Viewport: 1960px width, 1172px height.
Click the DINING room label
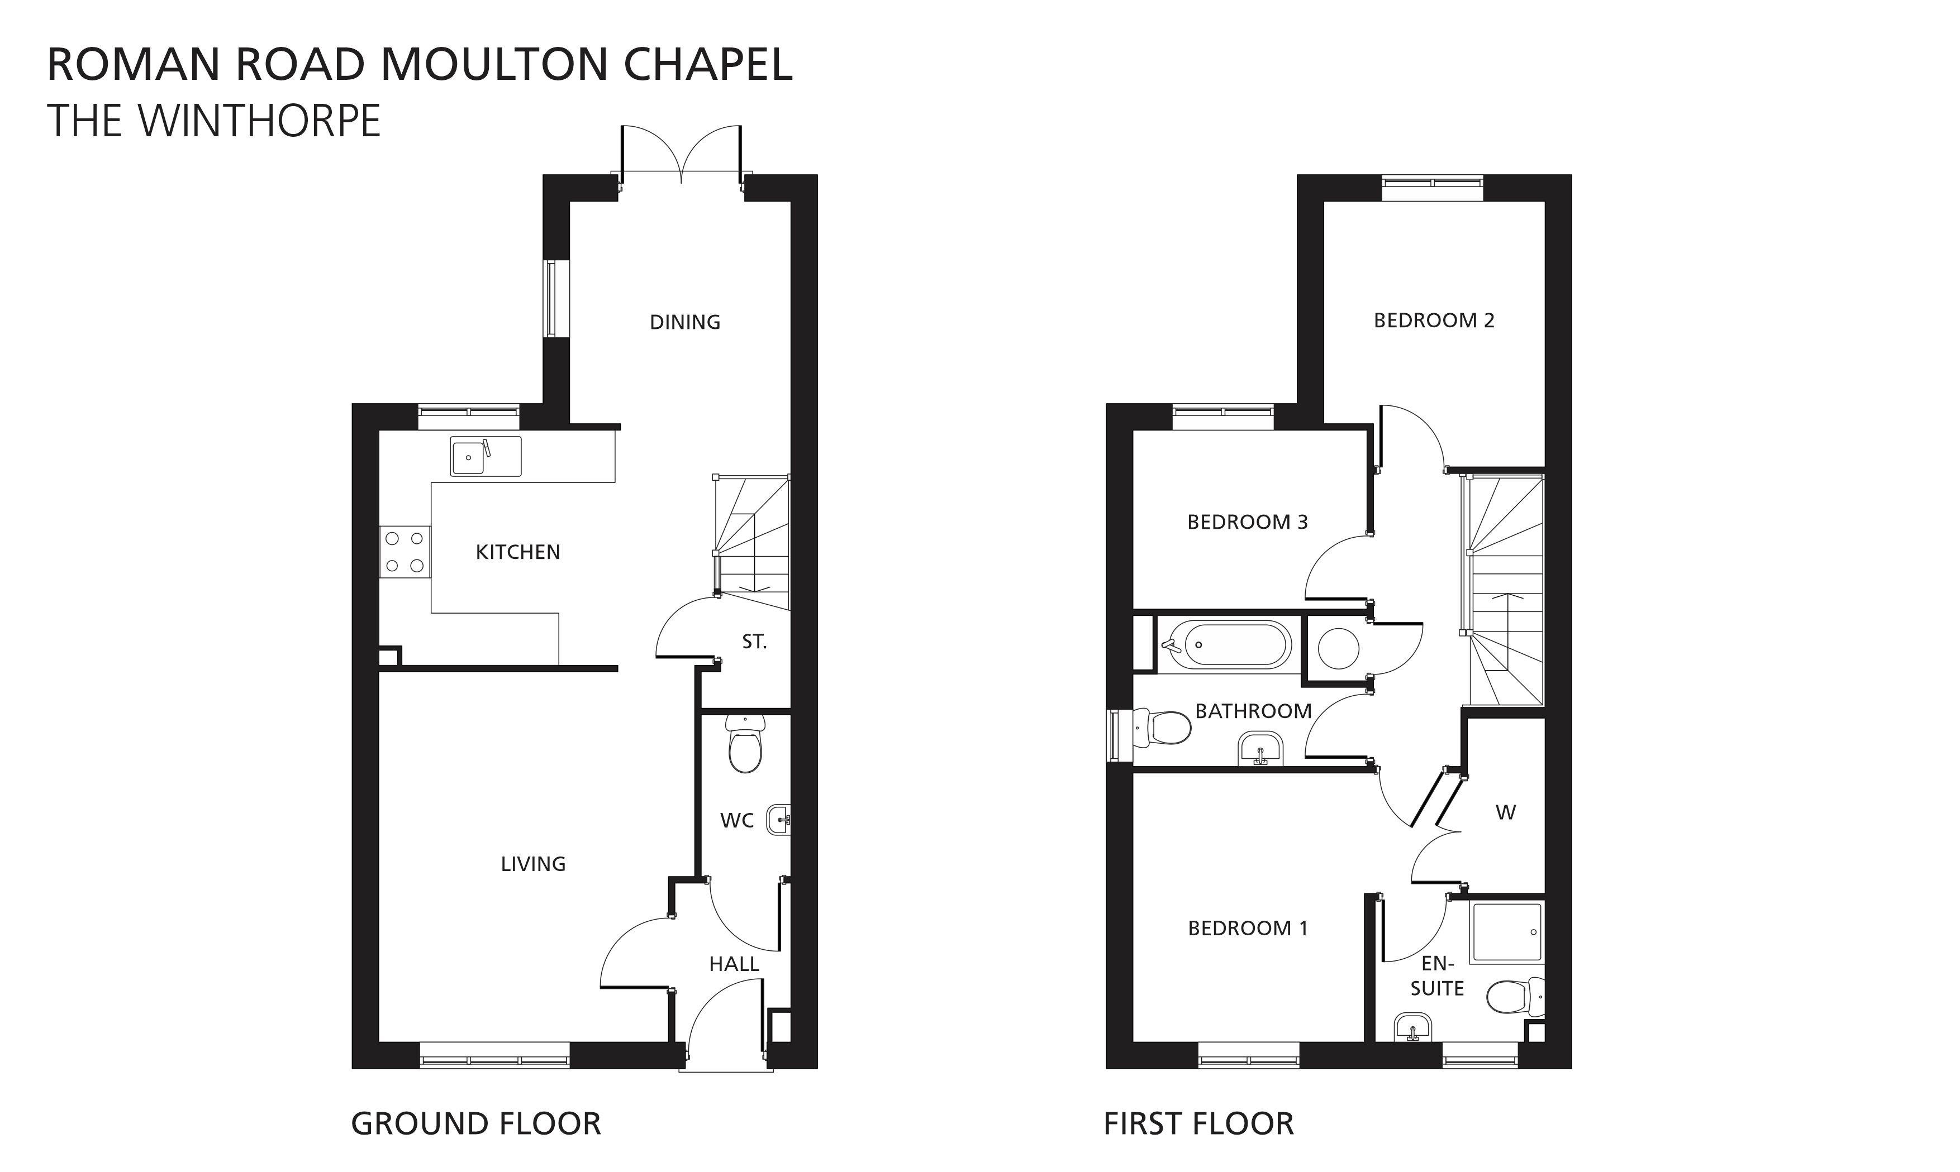coord(685,322)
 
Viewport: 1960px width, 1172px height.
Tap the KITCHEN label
coord(518,552)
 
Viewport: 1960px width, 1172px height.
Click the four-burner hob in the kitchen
coord(405,551)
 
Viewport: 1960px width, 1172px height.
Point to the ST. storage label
coord(754,642)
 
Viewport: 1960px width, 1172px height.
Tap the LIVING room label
coord(533,864)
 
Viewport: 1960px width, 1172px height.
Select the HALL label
coord(734,964)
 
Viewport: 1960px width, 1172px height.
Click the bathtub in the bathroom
coord(1225,645)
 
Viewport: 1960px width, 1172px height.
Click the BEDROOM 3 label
coord(1248,522)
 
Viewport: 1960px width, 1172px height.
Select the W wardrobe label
coord(1506,812)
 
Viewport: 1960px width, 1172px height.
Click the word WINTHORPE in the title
coord(259,121)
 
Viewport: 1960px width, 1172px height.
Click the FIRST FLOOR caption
coord(1198,1124)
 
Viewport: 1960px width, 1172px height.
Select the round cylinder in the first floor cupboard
coord(1338,648)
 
